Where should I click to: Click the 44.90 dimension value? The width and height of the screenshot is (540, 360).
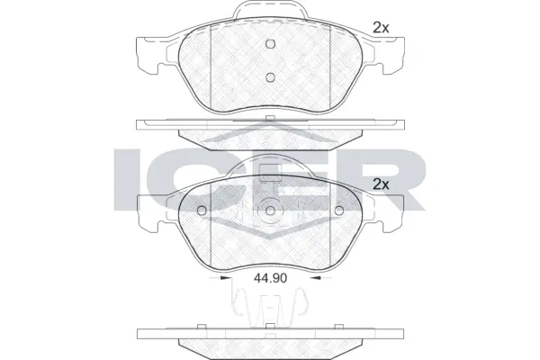270,278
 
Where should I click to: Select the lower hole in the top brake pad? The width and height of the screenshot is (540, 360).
270,76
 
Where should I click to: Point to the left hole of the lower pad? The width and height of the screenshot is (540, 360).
202,212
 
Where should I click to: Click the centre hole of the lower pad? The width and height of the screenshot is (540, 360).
270,213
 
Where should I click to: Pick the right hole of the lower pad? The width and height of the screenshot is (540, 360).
339,212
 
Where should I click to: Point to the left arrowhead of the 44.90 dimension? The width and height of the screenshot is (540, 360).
217,279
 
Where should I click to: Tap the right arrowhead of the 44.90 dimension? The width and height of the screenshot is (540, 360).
324,279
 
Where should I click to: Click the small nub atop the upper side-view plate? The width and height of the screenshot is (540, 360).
269,119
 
